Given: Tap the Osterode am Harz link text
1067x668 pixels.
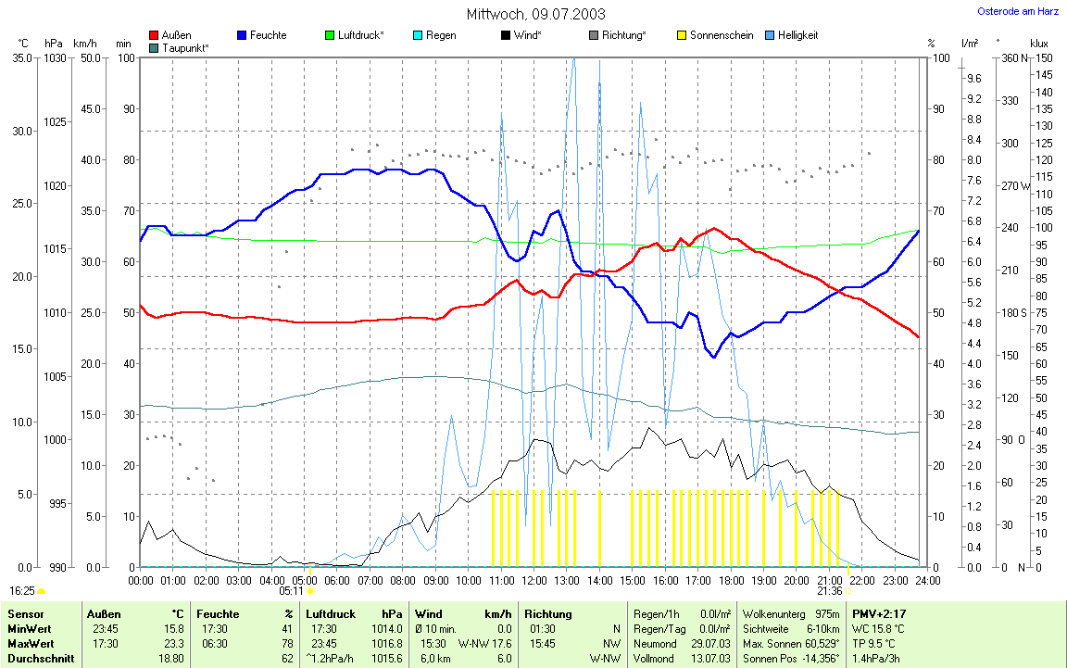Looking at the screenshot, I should point(1019,12).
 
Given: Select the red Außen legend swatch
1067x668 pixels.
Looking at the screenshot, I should point(154,35).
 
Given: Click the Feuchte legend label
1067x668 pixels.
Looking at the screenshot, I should point(268,35).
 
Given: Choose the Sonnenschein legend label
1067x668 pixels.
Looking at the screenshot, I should point(722,35).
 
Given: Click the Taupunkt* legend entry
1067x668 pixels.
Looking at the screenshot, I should point(185,47).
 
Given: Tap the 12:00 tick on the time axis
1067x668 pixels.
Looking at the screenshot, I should point(534,580).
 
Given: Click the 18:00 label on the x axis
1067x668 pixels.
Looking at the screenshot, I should point(732,580).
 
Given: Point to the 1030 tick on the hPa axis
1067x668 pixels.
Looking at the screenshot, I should point(55,58).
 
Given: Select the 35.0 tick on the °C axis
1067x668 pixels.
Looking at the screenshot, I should point(20,58).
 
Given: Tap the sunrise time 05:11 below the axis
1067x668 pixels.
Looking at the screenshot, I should point(291,590).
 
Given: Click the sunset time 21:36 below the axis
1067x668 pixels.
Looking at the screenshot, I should point(829,590).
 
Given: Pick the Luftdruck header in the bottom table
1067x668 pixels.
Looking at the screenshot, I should point(329,614).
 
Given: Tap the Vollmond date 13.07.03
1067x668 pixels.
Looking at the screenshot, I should point(712,658).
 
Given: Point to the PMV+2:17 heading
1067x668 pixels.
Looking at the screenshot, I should point(879,614).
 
